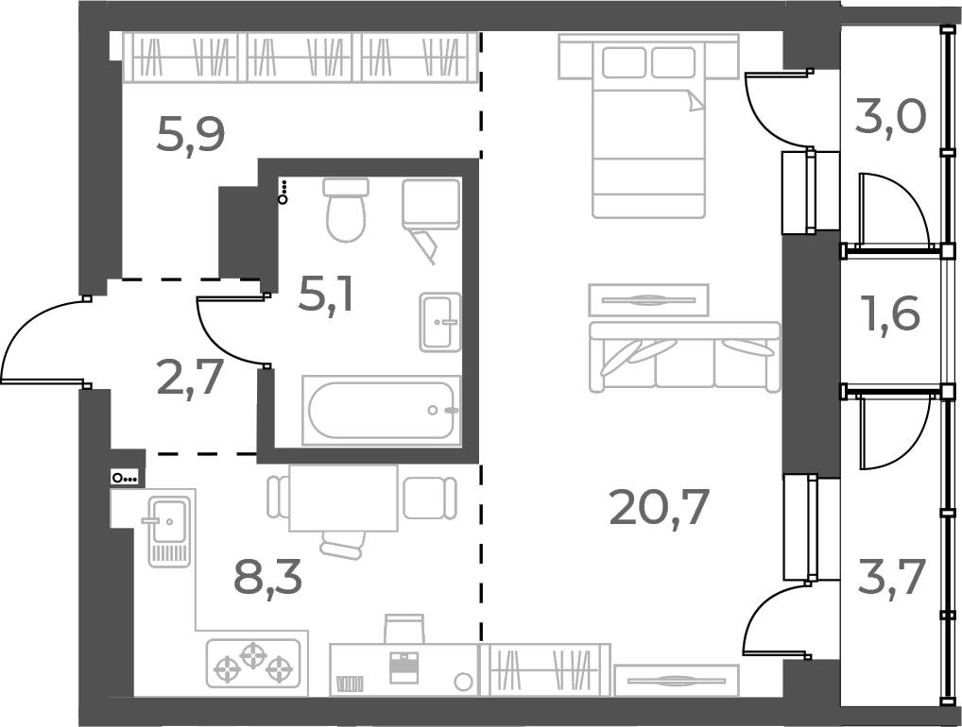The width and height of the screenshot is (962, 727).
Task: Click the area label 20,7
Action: pos(659,511)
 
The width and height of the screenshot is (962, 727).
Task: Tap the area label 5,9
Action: pos(190,135)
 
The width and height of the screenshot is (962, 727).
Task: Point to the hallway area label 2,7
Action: pos(190,378)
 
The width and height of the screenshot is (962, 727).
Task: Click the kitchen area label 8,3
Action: pos(267,576)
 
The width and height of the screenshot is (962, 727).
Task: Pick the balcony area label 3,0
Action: pos(890,117)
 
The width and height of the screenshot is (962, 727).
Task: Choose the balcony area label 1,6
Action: pos(890,313)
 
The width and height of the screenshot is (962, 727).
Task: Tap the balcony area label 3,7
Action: pos(890,577)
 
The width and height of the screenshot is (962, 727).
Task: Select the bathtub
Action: pos(381,410)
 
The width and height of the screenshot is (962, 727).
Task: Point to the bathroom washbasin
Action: pos(439,321)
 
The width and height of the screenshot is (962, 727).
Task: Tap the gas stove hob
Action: pos(253,661)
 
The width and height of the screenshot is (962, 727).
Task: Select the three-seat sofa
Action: pos(684,356)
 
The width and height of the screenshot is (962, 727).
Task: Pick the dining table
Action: pos(343,498)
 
